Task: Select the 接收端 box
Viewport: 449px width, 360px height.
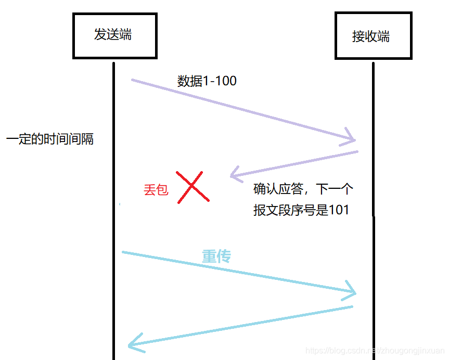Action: tap(373, 36)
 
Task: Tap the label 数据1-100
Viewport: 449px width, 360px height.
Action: tap(207, 81)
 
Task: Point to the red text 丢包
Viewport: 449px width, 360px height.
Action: tap(156, 190)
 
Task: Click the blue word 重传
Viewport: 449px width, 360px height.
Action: tap(216, 256)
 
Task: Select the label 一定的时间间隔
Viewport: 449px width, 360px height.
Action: tap(50, 139)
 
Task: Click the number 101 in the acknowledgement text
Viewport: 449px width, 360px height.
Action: tap(339, 210)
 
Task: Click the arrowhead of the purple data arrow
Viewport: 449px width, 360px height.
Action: tap(352, 139)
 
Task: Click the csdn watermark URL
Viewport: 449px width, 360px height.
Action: tap(375, 351)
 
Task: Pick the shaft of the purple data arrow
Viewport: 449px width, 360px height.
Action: tap(239, 110)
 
